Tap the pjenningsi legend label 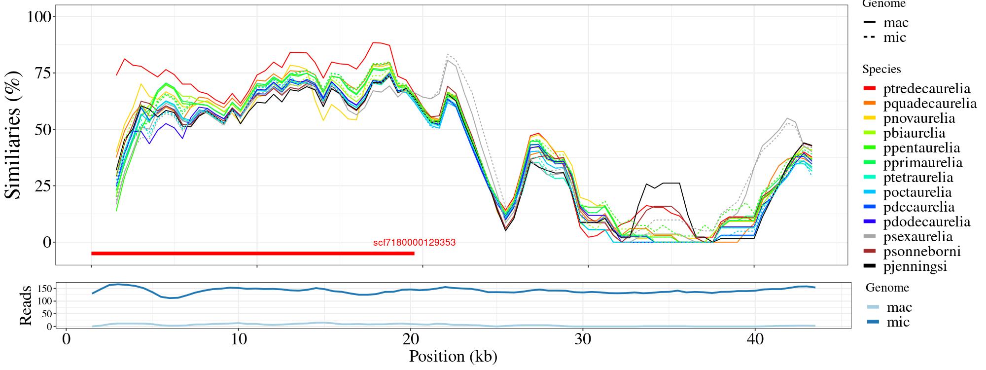coord(915,266)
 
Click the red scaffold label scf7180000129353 coord(414,243)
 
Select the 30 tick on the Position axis coord(583,340)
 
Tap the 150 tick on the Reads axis coord(45,288)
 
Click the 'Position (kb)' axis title coord(453,356)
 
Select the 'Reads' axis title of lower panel coord(25,305)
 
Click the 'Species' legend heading coord(881,70)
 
